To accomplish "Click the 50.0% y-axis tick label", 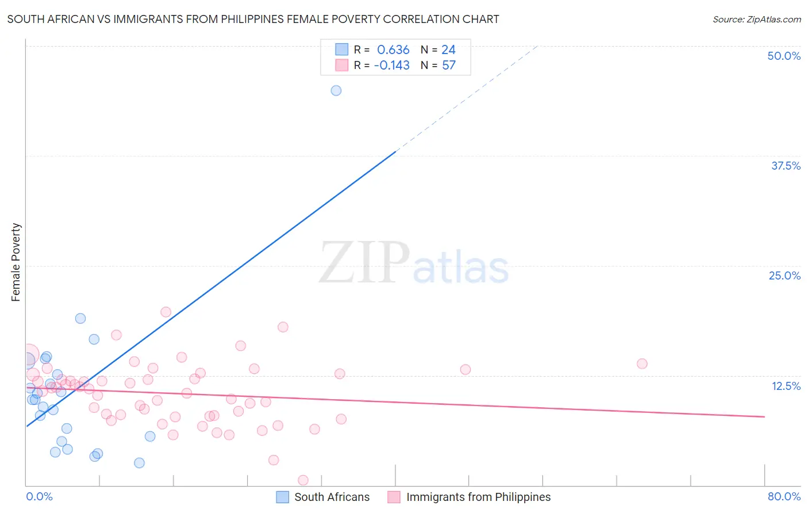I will point(784,56).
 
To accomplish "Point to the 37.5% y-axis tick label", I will point(786,166).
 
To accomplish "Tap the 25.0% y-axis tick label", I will point(784,275).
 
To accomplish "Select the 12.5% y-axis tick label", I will point(786,386).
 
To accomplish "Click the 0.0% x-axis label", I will point(39,496).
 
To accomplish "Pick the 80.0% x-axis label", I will point(784,496).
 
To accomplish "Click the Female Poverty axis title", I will point(16,262).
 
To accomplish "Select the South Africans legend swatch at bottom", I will point(282,497).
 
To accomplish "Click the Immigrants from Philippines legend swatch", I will point(394,497).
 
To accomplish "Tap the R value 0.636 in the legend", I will point(393,50).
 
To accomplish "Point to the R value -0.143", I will point(392,66).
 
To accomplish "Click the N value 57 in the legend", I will point(449,66).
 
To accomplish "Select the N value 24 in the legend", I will point(448,50).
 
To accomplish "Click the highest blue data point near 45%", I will point(336,90).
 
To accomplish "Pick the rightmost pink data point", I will point(642,363).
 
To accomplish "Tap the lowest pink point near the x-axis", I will point(303,480).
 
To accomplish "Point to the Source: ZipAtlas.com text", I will point(757,19).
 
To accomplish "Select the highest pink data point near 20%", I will point(166,312).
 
